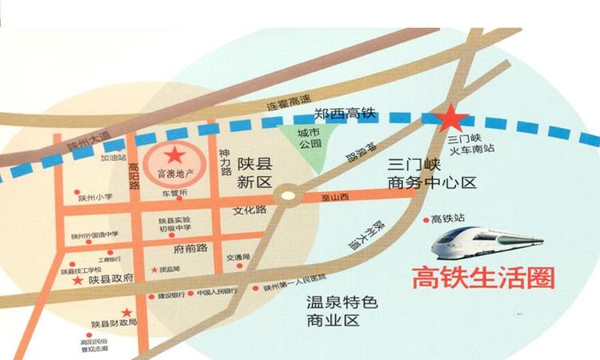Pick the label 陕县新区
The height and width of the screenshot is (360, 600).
pyautogui.click(x=255, y=172)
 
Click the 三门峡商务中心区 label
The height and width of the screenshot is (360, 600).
pyautogui.click(x=431, y=174)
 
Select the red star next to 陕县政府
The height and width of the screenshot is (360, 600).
pyautogui.click(x=78, y=280)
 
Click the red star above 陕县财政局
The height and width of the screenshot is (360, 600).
pyautogui.click(x=126, y=312)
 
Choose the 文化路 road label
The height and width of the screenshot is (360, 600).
pyautogui.click(x=248, y=210)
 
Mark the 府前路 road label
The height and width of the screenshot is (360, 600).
pyautogui.click(x=190, y=248)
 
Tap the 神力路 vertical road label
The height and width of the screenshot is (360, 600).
pyautogui.click(x=226, y=161)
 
